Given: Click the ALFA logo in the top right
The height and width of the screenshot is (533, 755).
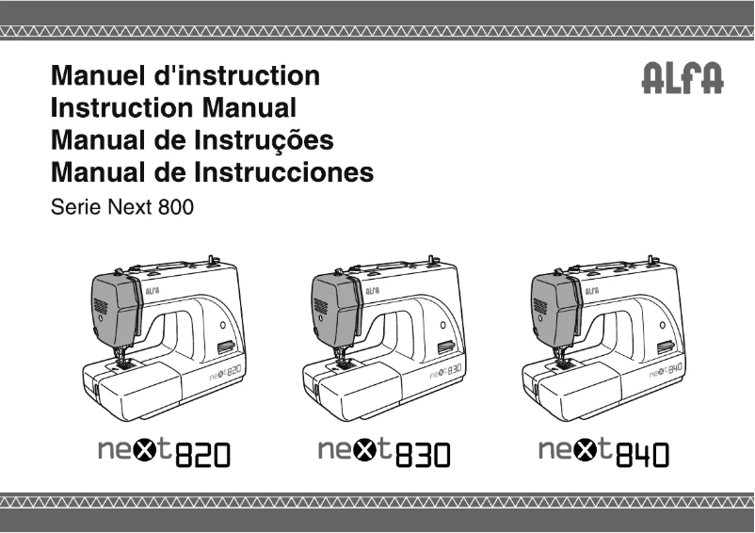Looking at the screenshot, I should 683,80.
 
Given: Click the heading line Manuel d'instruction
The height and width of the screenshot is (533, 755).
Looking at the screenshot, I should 185,75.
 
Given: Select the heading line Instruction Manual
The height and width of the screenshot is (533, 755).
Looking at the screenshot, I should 173,108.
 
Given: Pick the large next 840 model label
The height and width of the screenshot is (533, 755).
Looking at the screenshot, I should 603,454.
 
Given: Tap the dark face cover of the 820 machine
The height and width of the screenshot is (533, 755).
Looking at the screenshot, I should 114,306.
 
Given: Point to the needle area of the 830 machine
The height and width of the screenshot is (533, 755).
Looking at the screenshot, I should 341,356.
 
